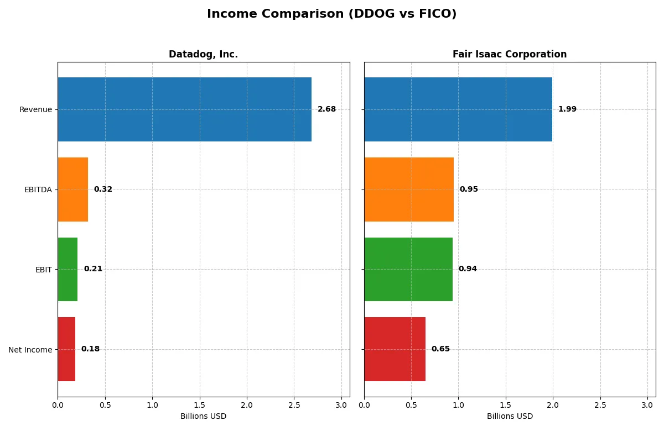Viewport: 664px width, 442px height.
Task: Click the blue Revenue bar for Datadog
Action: [184, 109]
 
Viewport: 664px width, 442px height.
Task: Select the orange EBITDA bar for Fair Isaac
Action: [409, 190]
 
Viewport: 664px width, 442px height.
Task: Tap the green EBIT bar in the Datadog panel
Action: [68, 269]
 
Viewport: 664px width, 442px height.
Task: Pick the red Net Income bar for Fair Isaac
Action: [395, 349]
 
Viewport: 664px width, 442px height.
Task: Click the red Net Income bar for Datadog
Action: [66, 349]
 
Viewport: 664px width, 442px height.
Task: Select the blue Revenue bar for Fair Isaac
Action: [458, 109]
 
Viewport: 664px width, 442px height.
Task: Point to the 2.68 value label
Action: [326, 109]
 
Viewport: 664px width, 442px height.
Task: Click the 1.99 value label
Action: [567, 109]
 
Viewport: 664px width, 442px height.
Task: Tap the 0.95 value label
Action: [469, 190]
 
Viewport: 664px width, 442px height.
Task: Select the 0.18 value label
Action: [90, 349]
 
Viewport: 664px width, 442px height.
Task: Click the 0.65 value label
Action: [440, 349]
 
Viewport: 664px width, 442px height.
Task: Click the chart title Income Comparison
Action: [332, 14]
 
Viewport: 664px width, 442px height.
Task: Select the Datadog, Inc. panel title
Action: [203, 54]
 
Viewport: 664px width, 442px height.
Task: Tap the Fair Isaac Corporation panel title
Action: [510, 54]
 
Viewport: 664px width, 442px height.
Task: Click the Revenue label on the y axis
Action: [35, 109]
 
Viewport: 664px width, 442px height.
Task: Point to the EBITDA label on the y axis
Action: [38, 190]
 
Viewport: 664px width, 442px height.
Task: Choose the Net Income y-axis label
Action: [30, 349]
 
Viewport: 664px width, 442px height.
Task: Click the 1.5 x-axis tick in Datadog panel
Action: [200, 405]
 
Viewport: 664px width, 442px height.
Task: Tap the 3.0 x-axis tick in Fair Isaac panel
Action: [647, 405]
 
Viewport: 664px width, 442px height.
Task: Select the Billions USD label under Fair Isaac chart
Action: [510, 416]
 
